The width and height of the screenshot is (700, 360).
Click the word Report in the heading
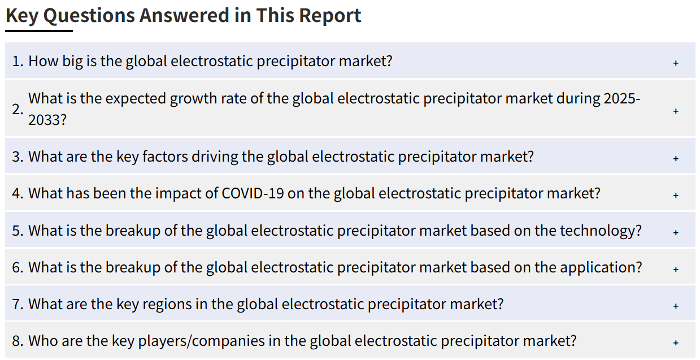click(330, 16)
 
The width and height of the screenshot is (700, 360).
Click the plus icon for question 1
click(676, 63)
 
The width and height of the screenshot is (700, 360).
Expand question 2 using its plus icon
click(676, 111)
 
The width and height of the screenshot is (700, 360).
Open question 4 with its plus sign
click(676, 196)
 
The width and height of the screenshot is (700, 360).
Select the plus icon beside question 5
click(676, 232)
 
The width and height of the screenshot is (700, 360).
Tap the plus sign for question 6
click(676, 269)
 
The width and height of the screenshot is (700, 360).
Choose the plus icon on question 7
click(676, 306)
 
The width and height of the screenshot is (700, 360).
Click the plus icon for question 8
click(676, 343)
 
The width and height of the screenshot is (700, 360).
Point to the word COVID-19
click(253, 193)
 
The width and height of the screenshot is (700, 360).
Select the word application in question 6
click(597, 268)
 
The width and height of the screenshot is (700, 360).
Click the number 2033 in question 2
click(44, 120)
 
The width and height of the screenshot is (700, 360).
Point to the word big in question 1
click(72, 62)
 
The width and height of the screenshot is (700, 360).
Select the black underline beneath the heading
click(39, 31)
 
